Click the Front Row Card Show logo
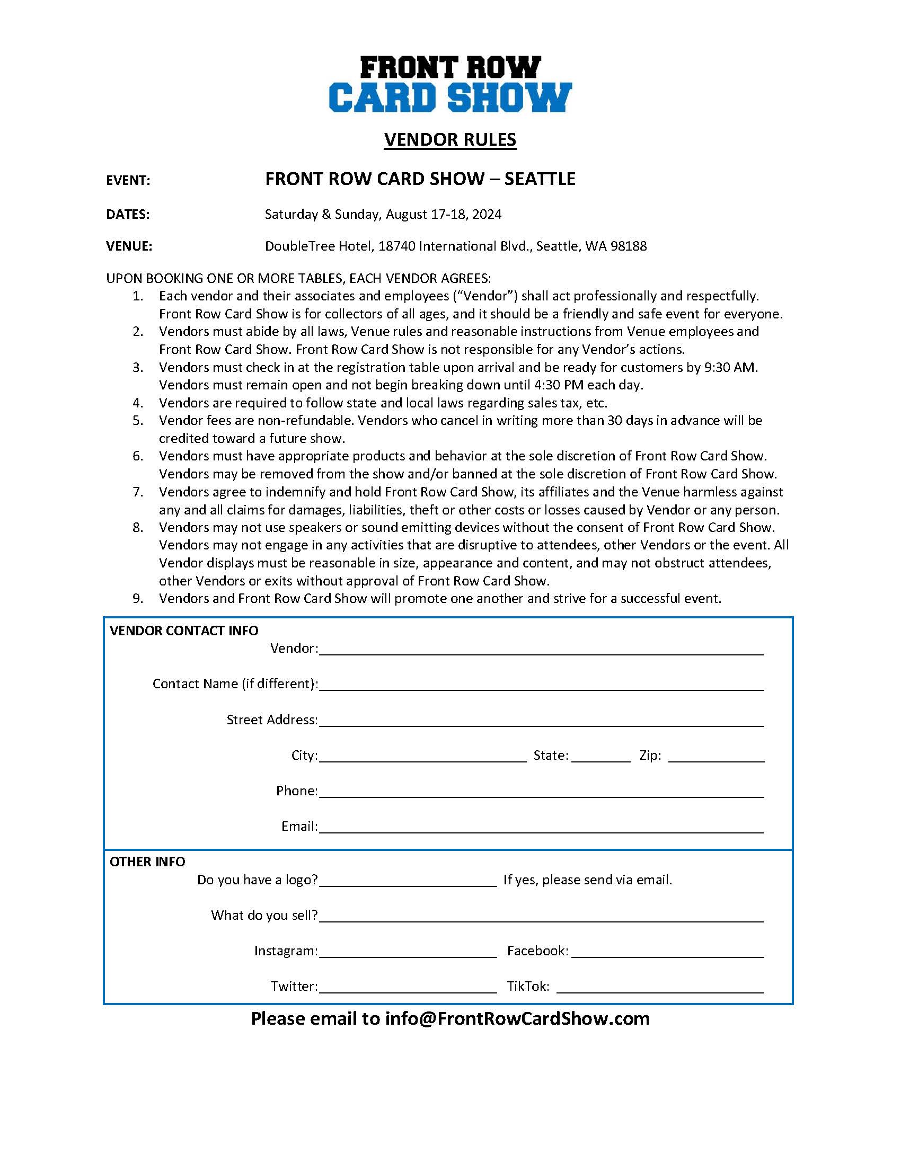tap(450, 84)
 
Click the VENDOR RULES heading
tap(450, 139)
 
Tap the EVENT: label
tap(128, 181)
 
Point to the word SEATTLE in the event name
tap(540, 179)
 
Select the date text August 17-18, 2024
tap(444, 215)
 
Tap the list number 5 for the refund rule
tap(138, 421)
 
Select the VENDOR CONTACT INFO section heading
tap(184, 631)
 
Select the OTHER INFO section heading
tap(147, 862)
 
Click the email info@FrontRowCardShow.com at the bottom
tap(517, 1019)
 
